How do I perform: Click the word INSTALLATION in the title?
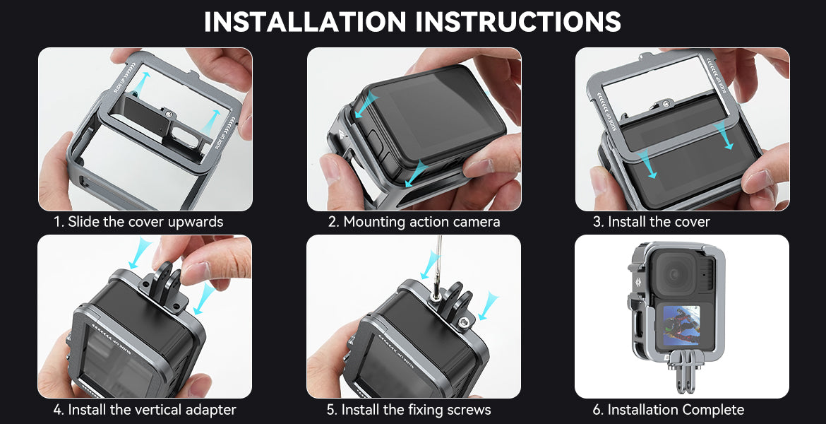click(305, 21)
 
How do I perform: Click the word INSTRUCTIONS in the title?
click(518, 21)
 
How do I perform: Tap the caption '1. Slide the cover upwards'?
click(138, 221)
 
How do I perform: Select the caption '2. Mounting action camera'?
click(414, 221)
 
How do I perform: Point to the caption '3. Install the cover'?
click(652, 221)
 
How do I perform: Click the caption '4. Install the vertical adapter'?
click(145, 409)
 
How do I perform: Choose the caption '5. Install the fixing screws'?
click(409, 409)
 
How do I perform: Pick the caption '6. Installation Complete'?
click(669, 409)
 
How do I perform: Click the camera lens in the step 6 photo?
click(674, 274)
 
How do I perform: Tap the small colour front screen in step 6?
click(681, 325)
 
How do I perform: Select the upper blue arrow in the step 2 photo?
click(366, 104)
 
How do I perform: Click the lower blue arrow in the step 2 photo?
click(417, 174)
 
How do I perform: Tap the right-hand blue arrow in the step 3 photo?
click(724, 134)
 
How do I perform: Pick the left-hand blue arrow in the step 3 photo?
click(647, 163)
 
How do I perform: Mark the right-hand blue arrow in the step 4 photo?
click(205, 299)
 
